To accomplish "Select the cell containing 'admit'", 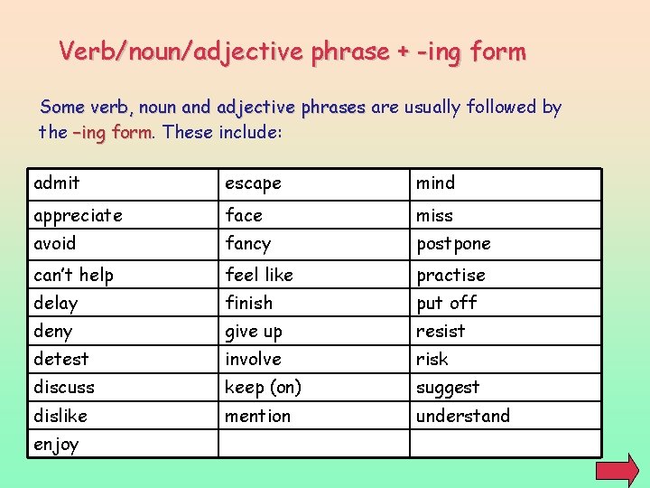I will tap(57, 183).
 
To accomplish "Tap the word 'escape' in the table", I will tap(253, 183).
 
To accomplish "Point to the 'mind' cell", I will tap(435, 183).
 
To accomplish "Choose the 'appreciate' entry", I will tap(78, 216).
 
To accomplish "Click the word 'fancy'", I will tap(247, 244).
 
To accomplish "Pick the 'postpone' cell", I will tap(453, 244).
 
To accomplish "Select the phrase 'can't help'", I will tap(73, 275).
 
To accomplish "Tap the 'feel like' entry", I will tap(259, 275).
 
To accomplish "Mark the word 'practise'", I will tap(450, 275).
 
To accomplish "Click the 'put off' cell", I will tap(446, 303).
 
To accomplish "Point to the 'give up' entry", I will tap(254, 332).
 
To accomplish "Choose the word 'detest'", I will tap(60, 359).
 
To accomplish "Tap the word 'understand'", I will tap(462, 416).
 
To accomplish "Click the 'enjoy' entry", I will tap(56, 445).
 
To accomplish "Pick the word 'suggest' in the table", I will tap(448, 388).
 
